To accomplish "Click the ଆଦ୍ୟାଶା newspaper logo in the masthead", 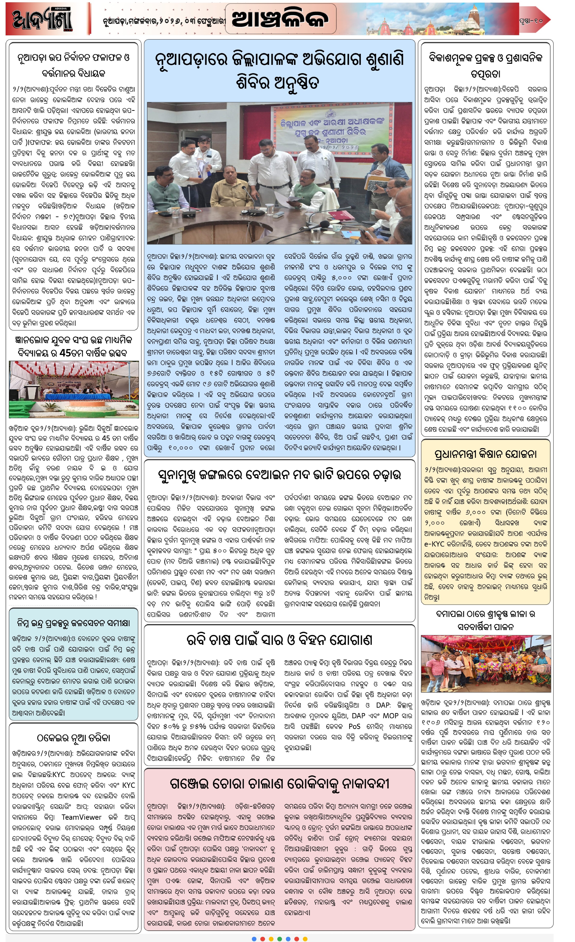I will pyautogui.click(x=42, y=19).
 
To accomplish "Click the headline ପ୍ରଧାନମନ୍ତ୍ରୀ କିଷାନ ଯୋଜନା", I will pyautogui.click(x=485, y=454).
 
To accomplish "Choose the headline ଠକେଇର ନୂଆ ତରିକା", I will pyautogui.click(x=73, y=737).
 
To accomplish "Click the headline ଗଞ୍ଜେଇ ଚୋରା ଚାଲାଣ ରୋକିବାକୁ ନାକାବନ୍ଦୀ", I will pyautogui.click(x=279, y=784).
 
